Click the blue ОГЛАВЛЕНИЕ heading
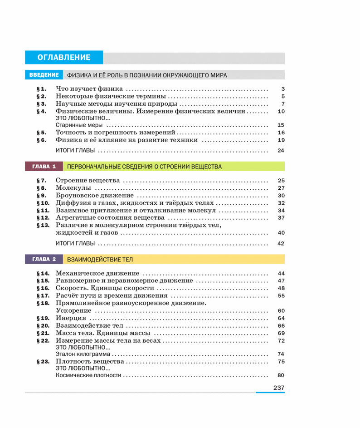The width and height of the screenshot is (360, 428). pyautogui.click(x=64, y=58)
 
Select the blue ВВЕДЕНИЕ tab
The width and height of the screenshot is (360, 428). pyautogui.click(x=44, y=75)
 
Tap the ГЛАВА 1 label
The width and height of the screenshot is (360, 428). pyautogui.click(x=44, y=167)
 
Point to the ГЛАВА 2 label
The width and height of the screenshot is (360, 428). pyautogui.click(x=44, y=259)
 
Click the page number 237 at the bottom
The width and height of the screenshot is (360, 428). pyautogui.click(x=278, y=387)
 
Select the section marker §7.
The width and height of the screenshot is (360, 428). pyautogui.click(x=42, y=180)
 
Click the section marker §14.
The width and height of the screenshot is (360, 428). pyautogui.click(x=43, y=274)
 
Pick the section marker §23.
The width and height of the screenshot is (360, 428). pyautogui.click(x=43, y=361)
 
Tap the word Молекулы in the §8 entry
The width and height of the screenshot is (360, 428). pyautogui.click(x=73, y=188)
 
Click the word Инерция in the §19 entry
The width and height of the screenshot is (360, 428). pyautogui.click(x=71, y=318)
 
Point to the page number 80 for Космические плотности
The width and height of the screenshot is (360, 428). pyautogui.click(x=280, y=375)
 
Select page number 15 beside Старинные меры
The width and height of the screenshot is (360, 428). pyautogui.click(x=280, y=125)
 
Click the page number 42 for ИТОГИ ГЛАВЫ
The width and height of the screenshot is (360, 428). pyautogui.click(x=280, y=243)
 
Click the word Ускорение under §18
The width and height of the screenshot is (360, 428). pyautogui.click(x=73, y=310)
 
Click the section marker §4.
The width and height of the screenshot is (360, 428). pyautogui.click(x=42, y=111)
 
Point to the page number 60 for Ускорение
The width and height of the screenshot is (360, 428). pyautogui.click(x=280, y=310)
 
